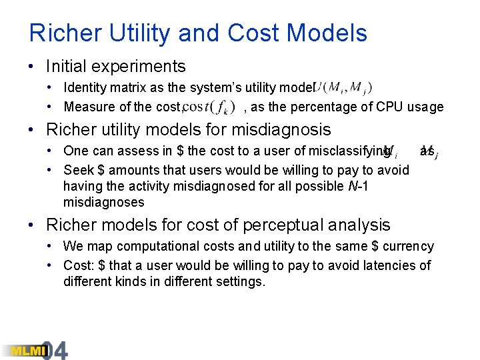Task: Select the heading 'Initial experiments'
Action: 115,66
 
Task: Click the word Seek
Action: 77,170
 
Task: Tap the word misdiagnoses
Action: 103,202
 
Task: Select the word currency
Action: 408,246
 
